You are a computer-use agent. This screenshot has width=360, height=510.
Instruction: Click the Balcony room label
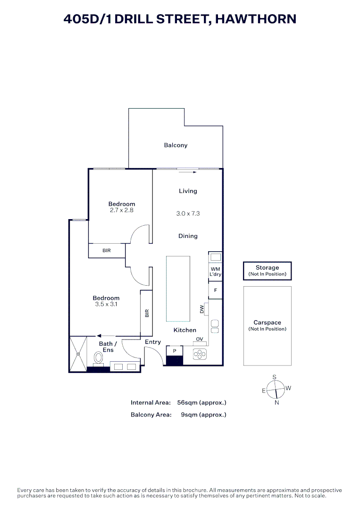pos(176,145)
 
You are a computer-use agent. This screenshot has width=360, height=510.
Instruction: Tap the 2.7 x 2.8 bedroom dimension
pos(122,210)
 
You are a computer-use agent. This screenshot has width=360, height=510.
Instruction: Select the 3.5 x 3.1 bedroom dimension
pos(106,305)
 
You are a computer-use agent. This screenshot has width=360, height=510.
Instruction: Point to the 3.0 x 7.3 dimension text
pos(188,213)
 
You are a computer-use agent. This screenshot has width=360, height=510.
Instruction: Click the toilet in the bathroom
pos(99,358)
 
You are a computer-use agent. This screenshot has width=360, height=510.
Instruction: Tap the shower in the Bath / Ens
pos(78,353)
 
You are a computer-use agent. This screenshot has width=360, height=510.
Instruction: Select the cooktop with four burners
pos(200,353)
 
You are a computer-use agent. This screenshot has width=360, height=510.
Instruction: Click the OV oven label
pos(200,340)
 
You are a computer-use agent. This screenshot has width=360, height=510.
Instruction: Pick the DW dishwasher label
pos(202,309)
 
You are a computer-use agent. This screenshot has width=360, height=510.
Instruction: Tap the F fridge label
pos(216,290)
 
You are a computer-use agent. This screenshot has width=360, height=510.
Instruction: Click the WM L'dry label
pos(215,272)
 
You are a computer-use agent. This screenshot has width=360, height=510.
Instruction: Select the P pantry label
pos(175,351)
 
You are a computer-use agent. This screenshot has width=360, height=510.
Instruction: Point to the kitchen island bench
pos(178,289)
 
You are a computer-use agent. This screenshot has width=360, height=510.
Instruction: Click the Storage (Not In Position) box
pos(267,271)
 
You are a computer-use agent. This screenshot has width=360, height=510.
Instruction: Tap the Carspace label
pos(267,323)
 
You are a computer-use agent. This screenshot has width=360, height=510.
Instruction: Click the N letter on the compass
pos(277,403)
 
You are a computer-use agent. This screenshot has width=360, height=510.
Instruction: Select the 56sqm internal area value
pos(201,403)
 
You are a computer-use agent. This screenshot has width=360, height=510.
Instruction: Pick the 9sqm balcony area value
pos(203,415)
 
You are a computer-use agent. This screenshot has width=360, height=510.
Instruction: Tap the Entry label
pos(153,342)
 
